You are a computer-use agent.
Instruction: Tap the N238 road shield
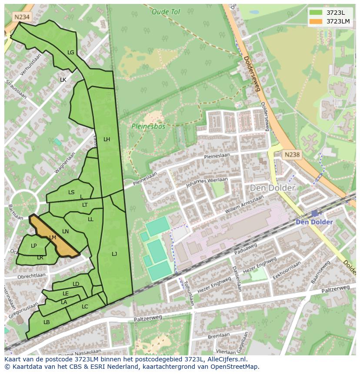292,155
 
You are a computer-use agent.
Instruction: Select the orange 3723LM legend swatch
316,21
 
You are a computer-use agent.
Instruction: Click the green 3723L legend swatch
316,13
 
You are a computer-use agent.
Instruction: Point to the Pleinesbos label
149,127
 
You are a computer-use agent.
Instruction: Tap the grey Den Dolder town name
272,188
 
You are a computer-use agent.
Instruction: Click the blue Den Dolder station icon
314,213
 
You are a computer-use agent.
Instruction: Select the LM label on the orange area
53,238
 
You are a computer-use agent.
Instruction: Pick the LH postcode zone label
107,139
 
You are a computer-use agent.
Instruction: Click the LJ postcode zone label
114,254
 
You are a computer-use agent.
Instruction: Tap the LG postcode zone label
71,53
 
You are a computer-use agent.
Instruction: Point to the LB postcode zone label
47,322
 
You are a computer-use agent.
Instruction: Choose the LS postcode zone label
71,192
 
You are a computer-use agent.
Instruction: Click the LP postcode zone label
34,246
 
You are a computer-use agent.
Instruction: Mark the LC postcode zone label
85,307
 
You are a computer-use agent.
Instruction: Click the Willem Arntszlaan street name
244,204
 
